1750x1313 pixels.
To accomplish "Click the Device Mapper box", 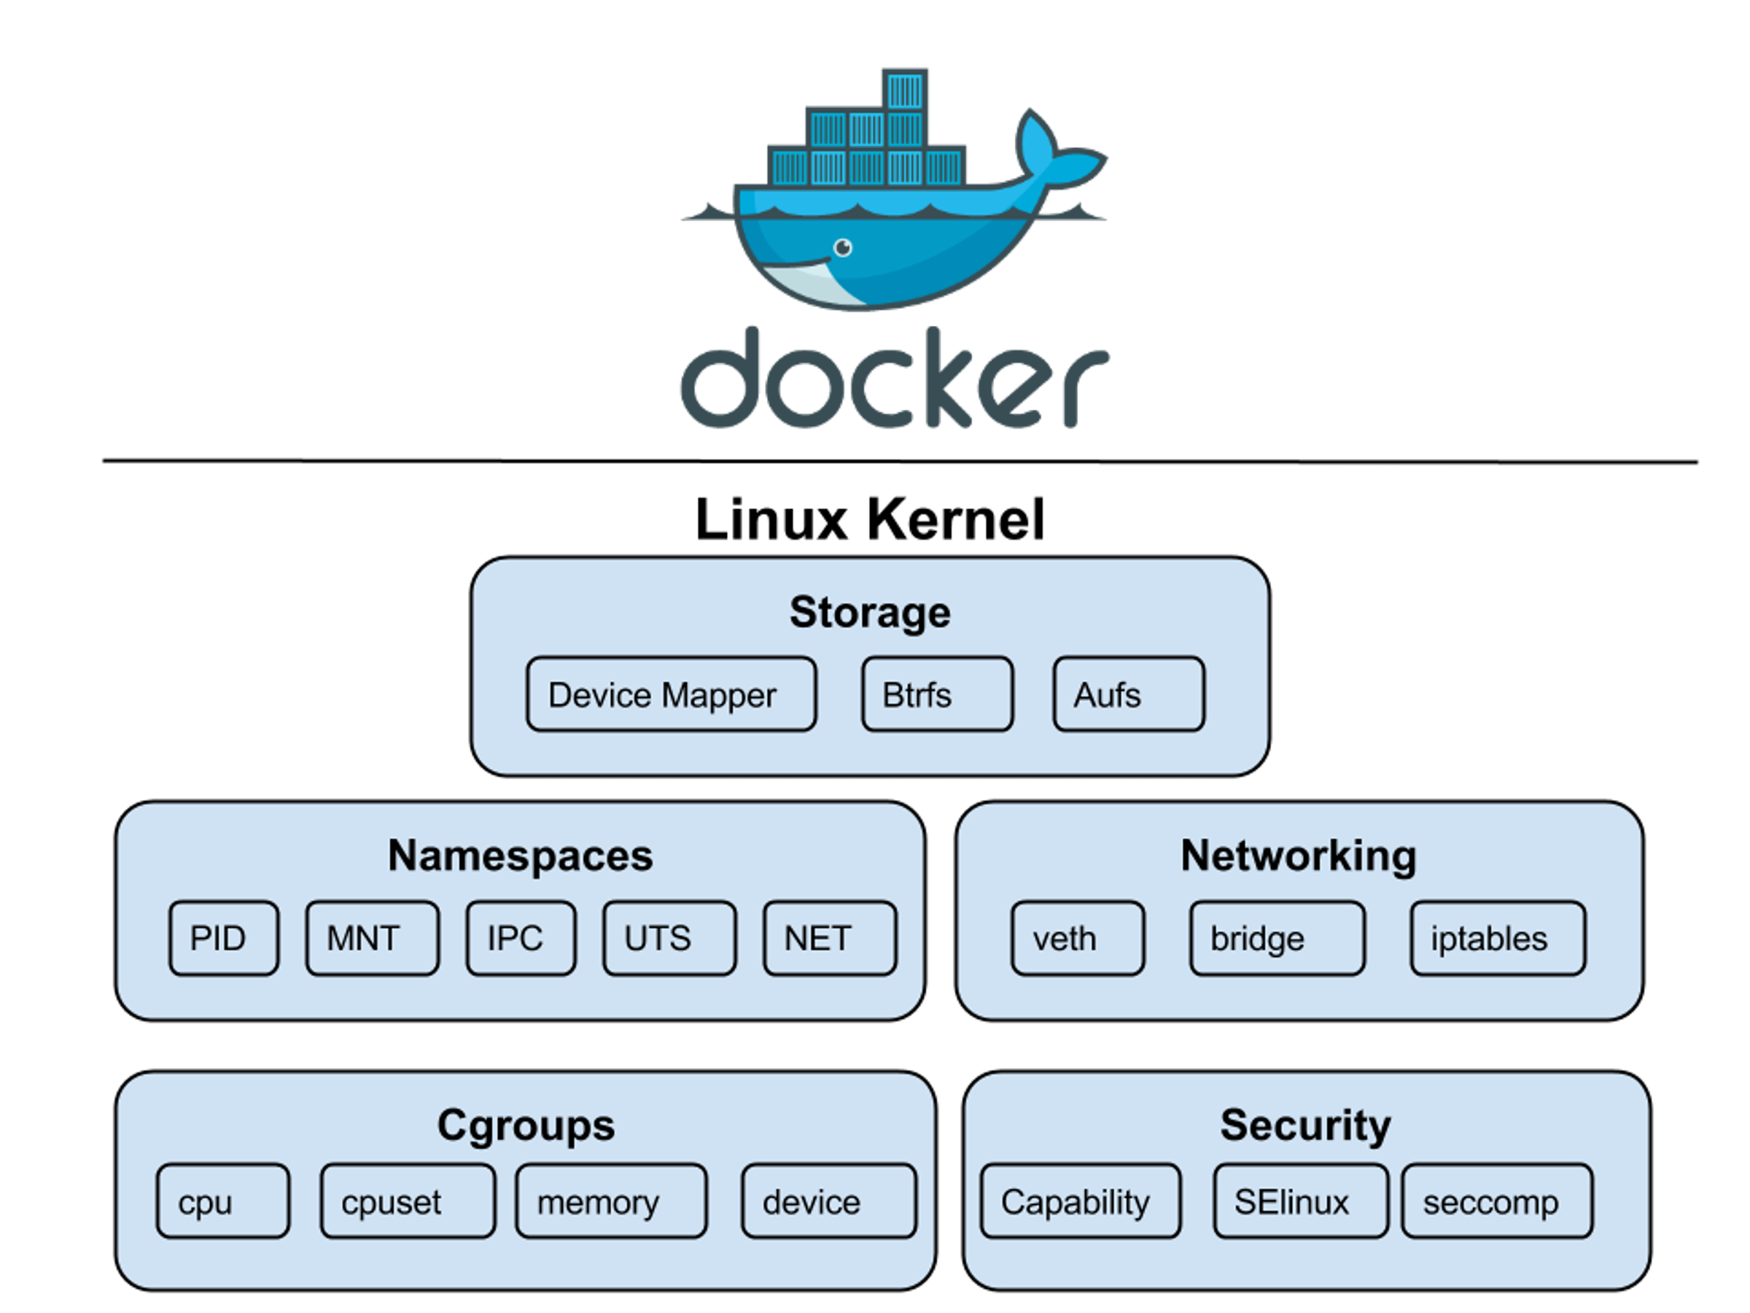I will pyautogui.click(x=671, y=694).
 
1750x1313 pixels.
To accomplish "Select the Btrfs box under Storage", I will pyautogui.click(x=937, y=694).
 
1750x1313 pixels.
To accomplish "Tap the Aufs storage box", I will pyautogui.click(x=1128, y=694).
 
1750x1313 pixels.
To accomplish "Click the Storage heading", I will pyautogui.click(x=869, y=613).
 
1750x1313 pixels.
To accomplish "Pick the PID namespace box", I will pyautogui.click(x=224, y=938).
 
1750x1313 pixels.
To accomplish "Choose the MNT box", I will pyautogui.click(x=372, y=938).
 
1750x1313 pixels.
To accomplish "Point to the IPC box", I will pyautogui.click(x=521, y=938).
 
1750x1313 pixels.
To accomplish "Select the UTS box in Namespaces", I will pyautogui.click(x=669, y=938).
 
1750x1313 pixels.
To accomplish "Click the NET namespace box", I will pyautogui.click(x=829, y=938).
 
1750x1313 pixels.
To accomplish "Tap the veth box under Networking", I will pyautogui.click(x=1077, y=938).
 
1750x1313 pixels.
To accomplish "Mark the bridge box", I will pyautogui.click(x=1276, y=938).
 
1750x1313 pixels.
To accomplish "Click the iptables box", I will pyautogui.click(x=1497, y=938).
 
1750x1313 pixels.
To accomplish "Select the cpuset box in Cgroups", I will pyautogui.click(x=408, y=1201).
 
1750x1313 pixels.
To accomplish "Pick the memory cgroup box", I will pyautogui.click(x=611, y=1201).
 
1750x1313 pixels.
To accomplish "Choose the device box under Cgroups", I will pyautogui.click(x=828, y=1201).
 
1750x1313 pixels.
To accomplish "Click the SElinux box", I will pyautogui.click(x=1300, y=1201).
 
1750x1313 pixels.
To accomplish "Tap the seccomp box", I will pyautogui.click(x=1497, y=1201).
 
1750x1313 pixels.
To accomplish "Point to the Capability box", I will pyautogui.click(x=1080, y=1201).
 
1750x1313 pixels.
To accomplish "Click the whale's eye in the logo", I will pyautogui.click(x=844, y=248).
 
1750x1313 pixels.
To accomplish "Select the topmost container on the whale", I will pyautogui.click(x=904, y=90).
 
